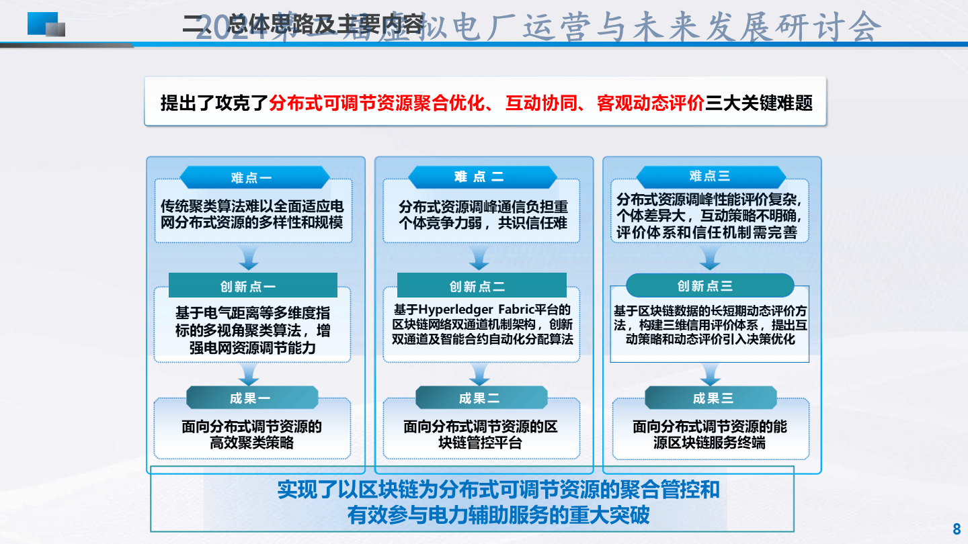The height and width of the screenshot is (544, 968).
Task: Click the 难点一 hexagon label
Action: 254,178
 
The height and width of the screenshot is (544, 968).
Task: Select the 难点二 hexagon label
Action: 482,177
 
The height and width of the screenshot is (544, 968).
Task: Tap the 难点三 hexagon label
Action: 711,177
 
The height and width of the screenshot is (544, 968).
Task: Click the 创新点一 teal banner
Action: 253,285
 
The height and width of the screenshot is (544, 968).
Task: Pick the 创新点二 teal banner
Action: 481,285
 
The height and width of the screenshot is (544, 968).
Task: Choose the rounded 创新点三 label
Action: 710,285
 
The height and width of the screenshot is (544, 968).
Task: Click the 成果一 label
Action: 252,398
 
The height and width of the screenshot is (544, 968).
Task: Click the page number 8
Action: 957,527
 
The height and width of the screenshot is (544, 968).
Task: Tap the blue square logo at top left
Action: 46,24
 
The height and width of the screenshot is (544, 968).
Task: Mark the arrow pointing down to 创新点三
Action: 710,258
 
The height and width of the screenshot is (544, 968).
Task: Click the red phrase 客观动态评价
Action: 650,103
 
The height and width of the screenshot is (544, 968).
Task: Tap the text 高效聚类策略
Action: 252,443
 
